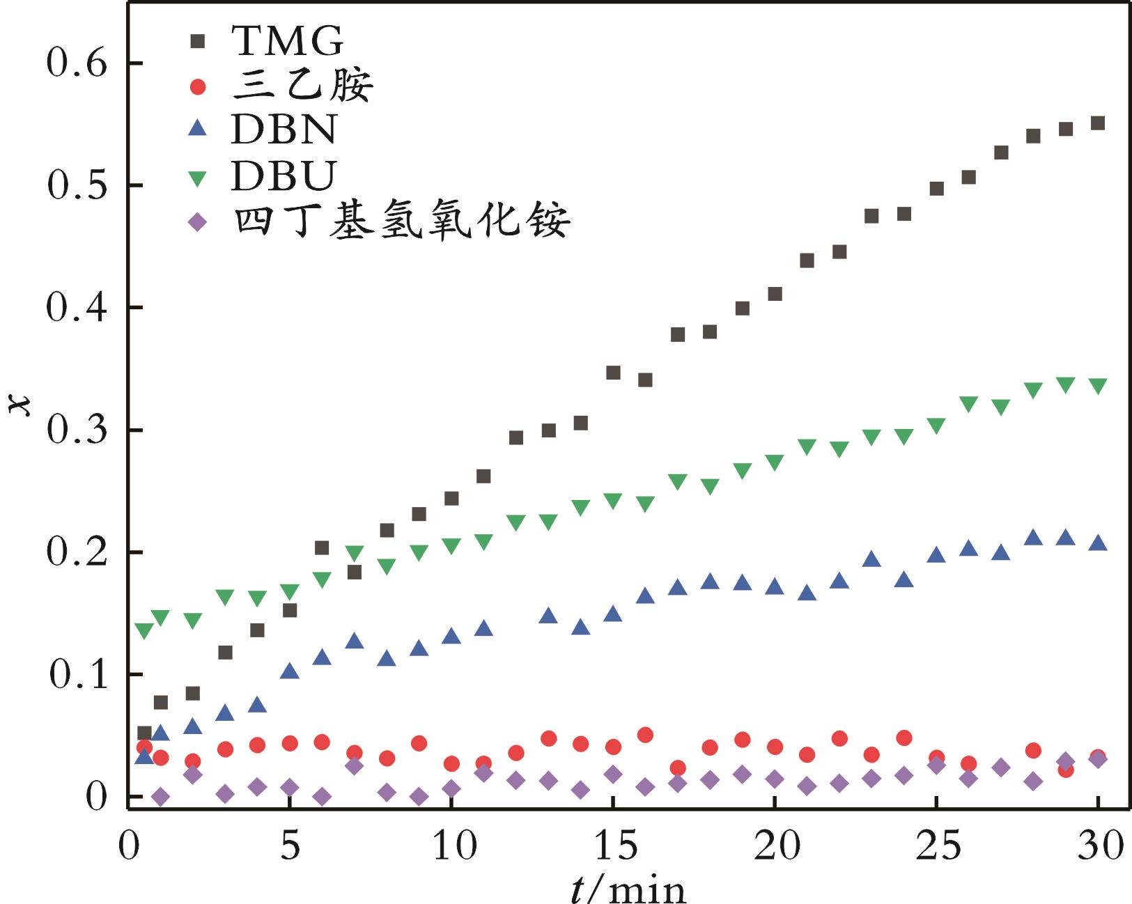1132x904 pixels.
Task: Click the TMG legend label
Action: coord(288,42)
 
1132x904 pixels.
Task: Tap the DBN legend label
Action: coord(284,130)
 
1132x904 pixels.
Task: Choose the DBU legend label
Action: coord(284,176)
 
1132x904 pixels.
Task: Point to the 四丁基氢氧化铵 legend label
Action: coord(402,221)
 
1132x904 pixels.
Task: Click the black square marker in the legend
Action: coord(199,42)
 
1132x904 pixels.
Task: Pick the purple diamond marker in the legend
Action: coord(199,223)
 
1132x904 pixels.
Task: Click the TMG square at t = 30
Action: coord(1098,123)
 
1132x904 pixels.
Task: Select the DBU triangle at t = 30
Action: coord(1098,387)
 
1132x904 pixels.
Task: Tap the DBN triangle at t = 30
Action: coord(1098,543)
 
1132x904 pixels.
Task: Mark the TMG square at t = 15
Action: coord(613,373)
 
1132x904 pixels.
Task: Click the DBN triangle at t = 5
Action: coord(289,671)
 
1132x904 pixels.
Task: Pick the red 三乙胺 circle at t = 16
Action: coord(645,735)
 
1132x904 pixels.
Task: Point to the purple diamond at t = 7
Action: coord(354,766)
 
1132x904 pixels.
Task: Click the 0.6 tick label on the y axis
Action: coord(76,63)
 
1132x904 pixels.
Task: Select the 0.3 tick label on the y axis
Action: coord(76,430)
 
